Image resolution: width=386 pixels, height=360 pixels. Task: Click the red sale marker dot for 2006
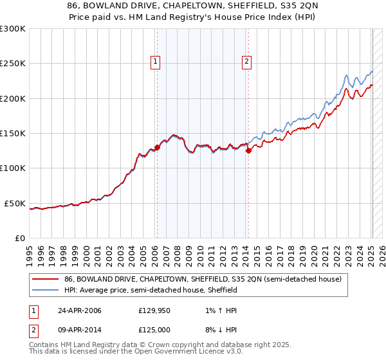pos(157,147)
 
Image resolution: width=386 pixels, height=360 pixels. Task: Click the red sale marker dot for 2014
pos(248,151)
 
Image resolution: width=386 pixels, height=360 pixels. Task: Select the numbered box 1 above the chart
pos(156,62)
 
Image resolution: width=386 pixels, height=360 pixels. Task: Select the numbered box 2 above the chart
pos(247,62)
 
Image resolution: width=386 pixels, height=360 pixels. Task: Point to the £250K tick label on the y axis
pos(13,64)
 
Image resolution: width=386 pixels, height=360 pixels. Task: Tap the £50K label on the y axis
pos(15,203)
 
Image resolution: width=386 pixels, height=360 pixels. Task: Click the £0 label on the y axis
pos(20,238)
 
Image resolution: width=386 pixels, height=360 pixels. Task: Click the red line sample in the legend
pos(46,280)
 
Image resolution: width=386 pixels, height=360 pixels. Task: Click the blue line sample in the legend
pos(46,291)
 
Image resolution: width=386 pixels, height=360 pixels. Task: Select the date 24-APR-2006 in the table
pos(78,310)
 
